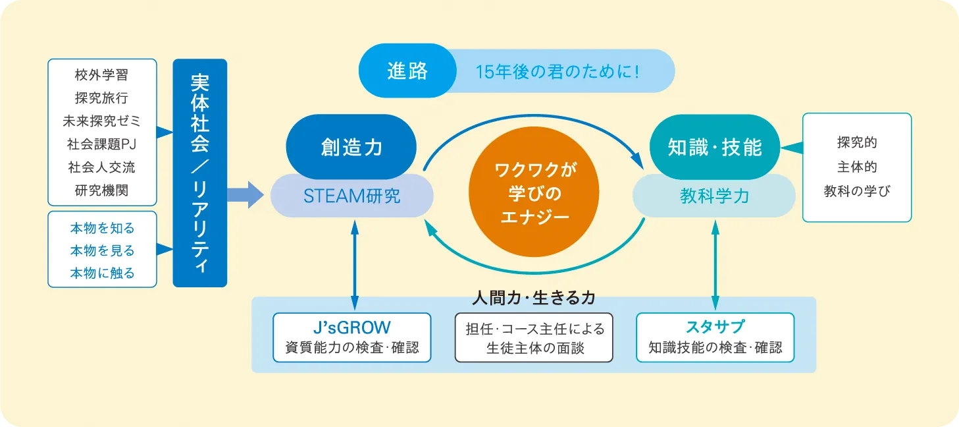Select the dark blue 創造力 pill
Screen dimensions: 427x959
pyautogui.click(x=351, y=146)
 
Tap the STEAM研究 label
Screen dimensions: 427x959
pyautogui.click(x=351, y=196)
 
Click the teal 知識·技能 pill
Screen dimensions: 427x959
pyautogui.click(x=714, y=147)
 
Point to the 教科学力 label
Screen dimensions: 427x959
pyautogui.click(x=714, y=196)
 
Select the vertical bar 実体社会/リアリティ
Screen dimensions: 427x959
pyautogui.click(x=199, y=173)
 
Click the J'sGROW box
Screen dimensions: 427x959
pyautogui.click(x=351, y=337)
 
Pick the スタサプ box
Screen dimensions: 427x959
pyautogui.click(x=715, y=337)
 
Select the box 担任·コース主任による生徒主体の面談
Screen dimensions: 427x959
pyautogui.click(x=534, y=337)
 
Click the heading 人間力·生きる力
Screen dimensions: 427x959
pyautogui.click(x=534, y=298)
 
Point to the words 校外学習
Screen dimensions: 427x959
pyautogui.click(x=102, y=75)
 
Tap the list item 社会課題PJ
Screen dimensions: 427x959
pyautogui.click(x=102, y=144)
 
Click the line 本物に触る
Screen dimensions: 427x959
pyautogui.click(x=102, y=273)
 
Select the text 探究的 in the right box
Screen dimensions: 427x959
pyautogui.click(x=856, y=143)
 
